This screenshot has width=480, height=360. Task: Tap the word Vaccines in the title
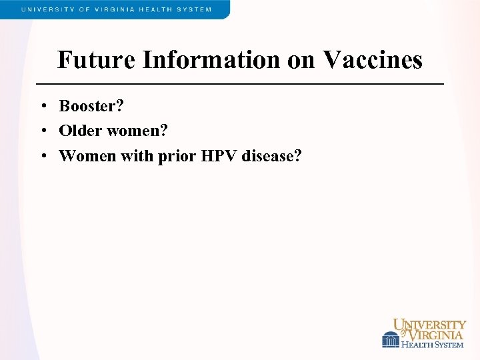(373, 60)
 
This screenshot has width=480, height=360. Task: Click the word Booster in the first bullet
(92, 106)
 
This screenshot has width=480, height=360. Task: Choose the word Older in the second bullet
(80, 131)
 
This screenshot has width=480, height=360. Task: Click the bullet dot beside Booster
(42, 107)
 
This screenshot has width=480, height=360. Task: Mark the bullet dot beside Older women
(42, 131)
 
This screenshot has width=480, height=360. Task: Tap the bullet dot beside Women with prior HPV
(42, 157)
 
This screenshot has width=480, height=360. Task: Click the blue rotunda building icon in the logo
(390, 339)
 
